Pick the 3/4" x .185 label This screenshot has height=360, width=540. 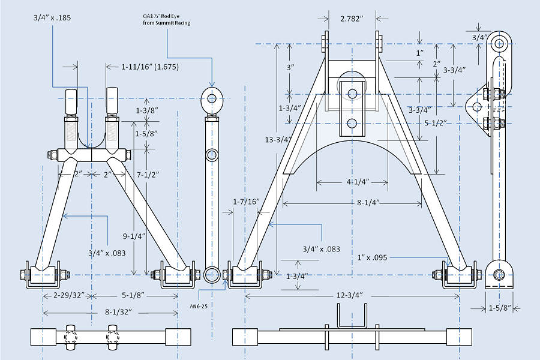click(x=52, y=18)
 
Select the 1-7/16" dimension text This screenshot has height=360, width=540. click(x=246, y=202)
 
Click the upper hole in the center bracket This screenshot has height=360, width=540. click(x=352, y=93)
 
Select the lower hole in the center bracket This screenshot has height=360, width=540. click(x=352, y=124)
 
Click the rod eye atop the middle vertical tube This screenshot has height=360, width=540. click(x=211, y=97)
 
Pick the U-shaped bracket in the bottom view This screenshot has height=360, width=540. click(x=352, y=316)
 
